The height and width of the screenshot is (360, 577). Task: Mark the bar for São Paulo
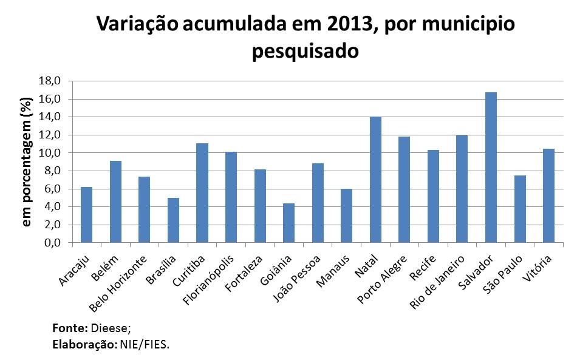coord(520,209)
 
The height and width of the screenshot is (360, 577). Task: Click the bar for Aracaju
coord(86,215)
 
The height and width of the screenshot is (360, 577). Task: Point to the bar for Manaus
coord(346,216)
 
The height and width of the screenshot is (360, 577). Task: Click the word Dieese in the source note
coord(109,328)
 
